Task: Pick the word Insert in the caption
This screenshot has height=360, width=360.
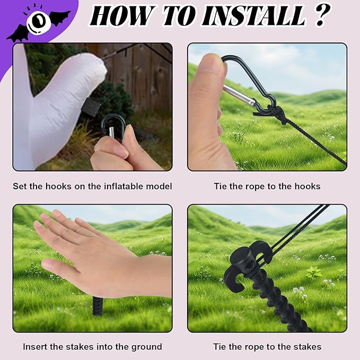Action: tap(34, 347)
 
